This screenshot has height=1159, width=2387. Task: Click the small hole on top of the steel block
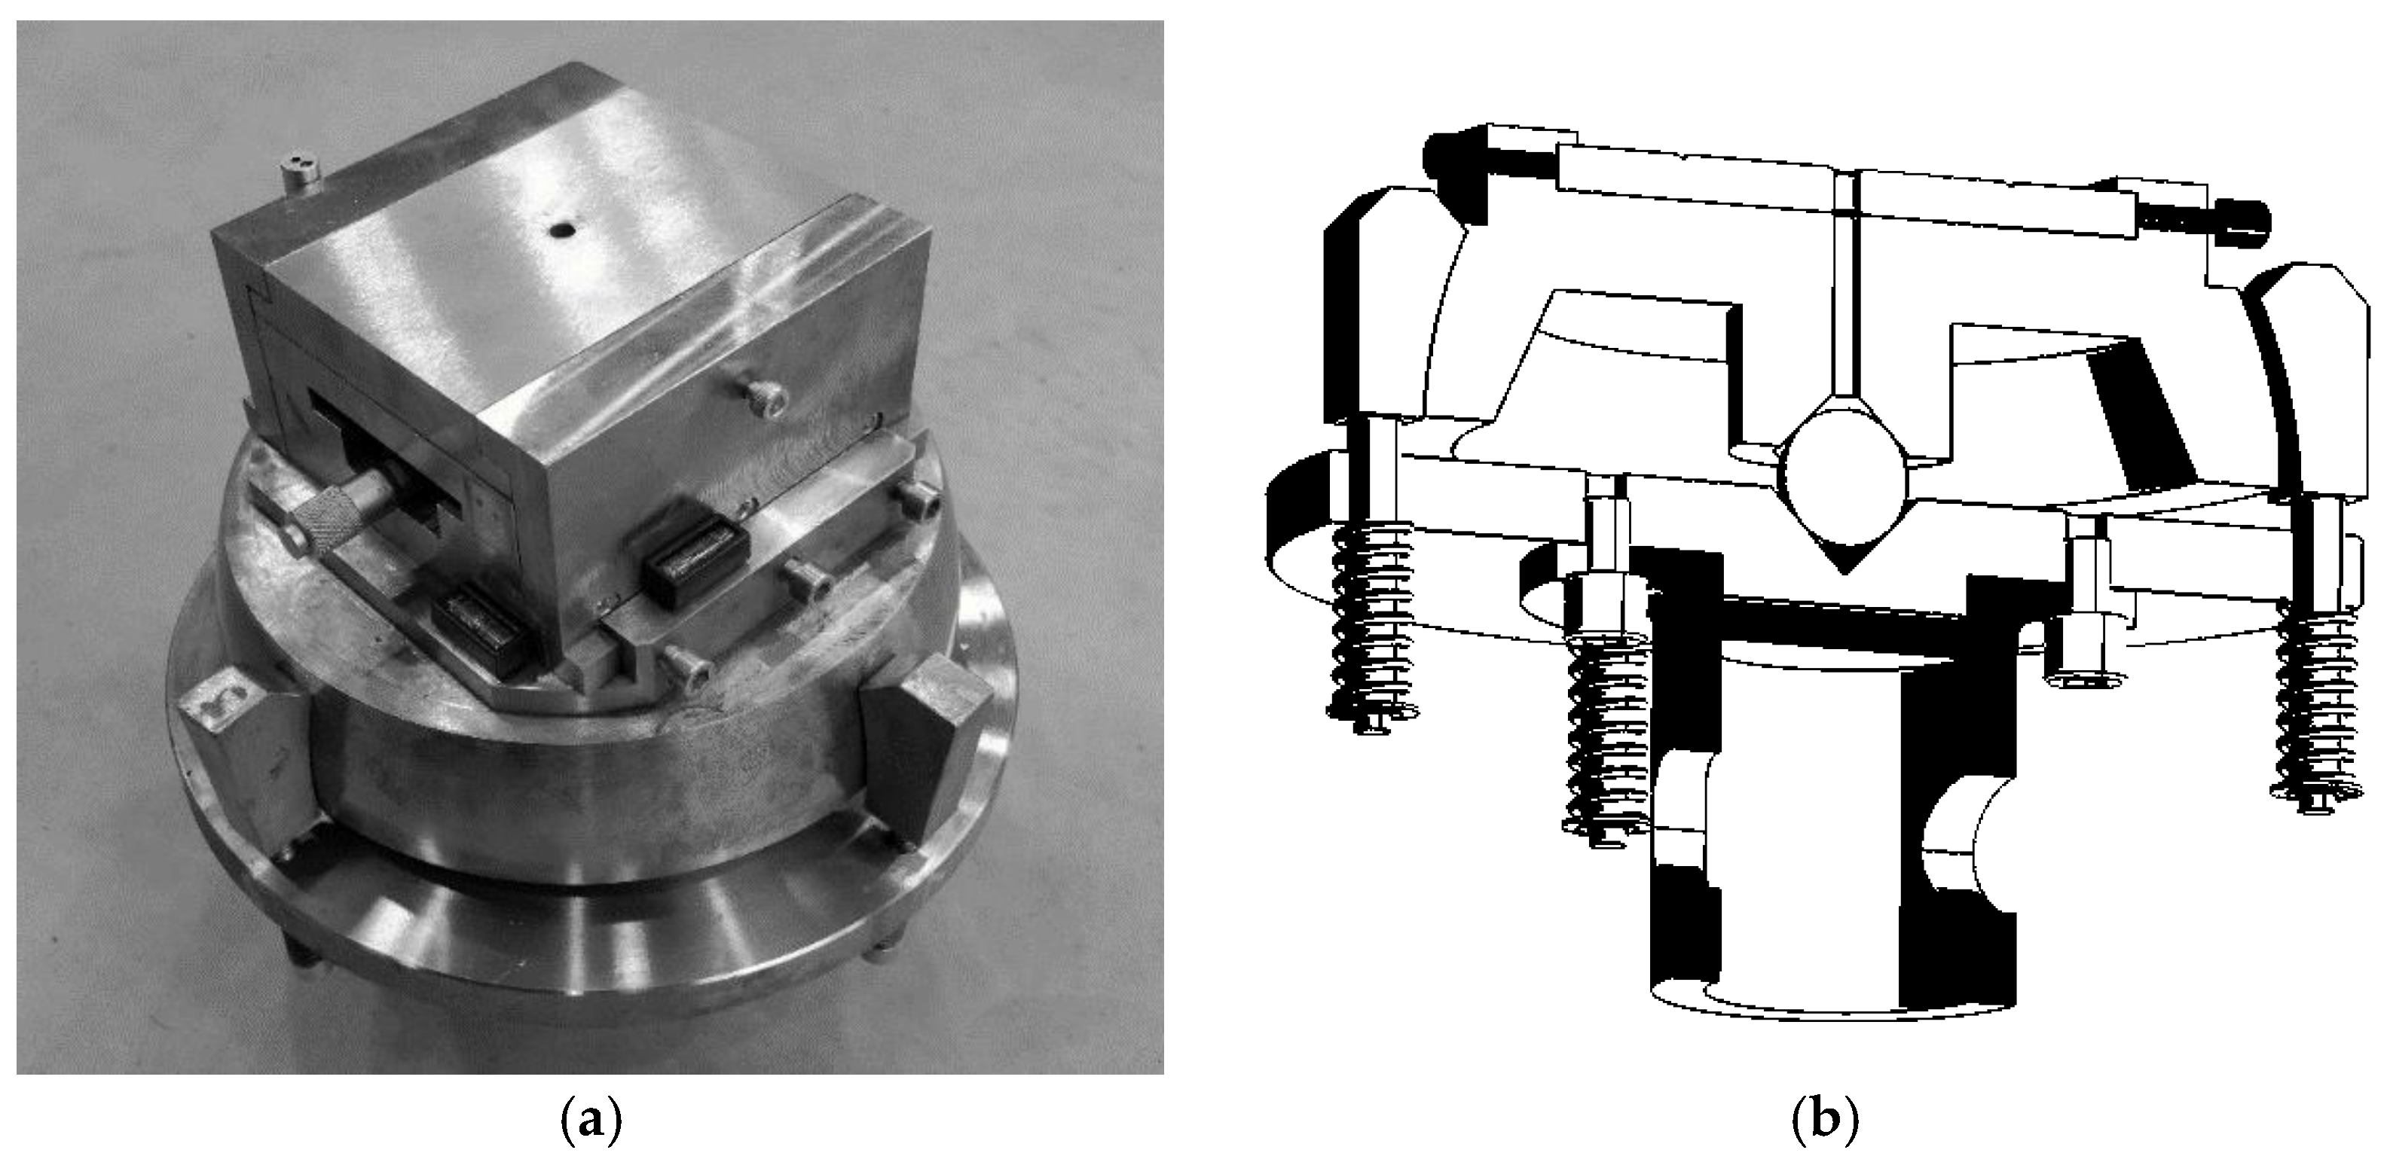(x=560, y=230)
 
